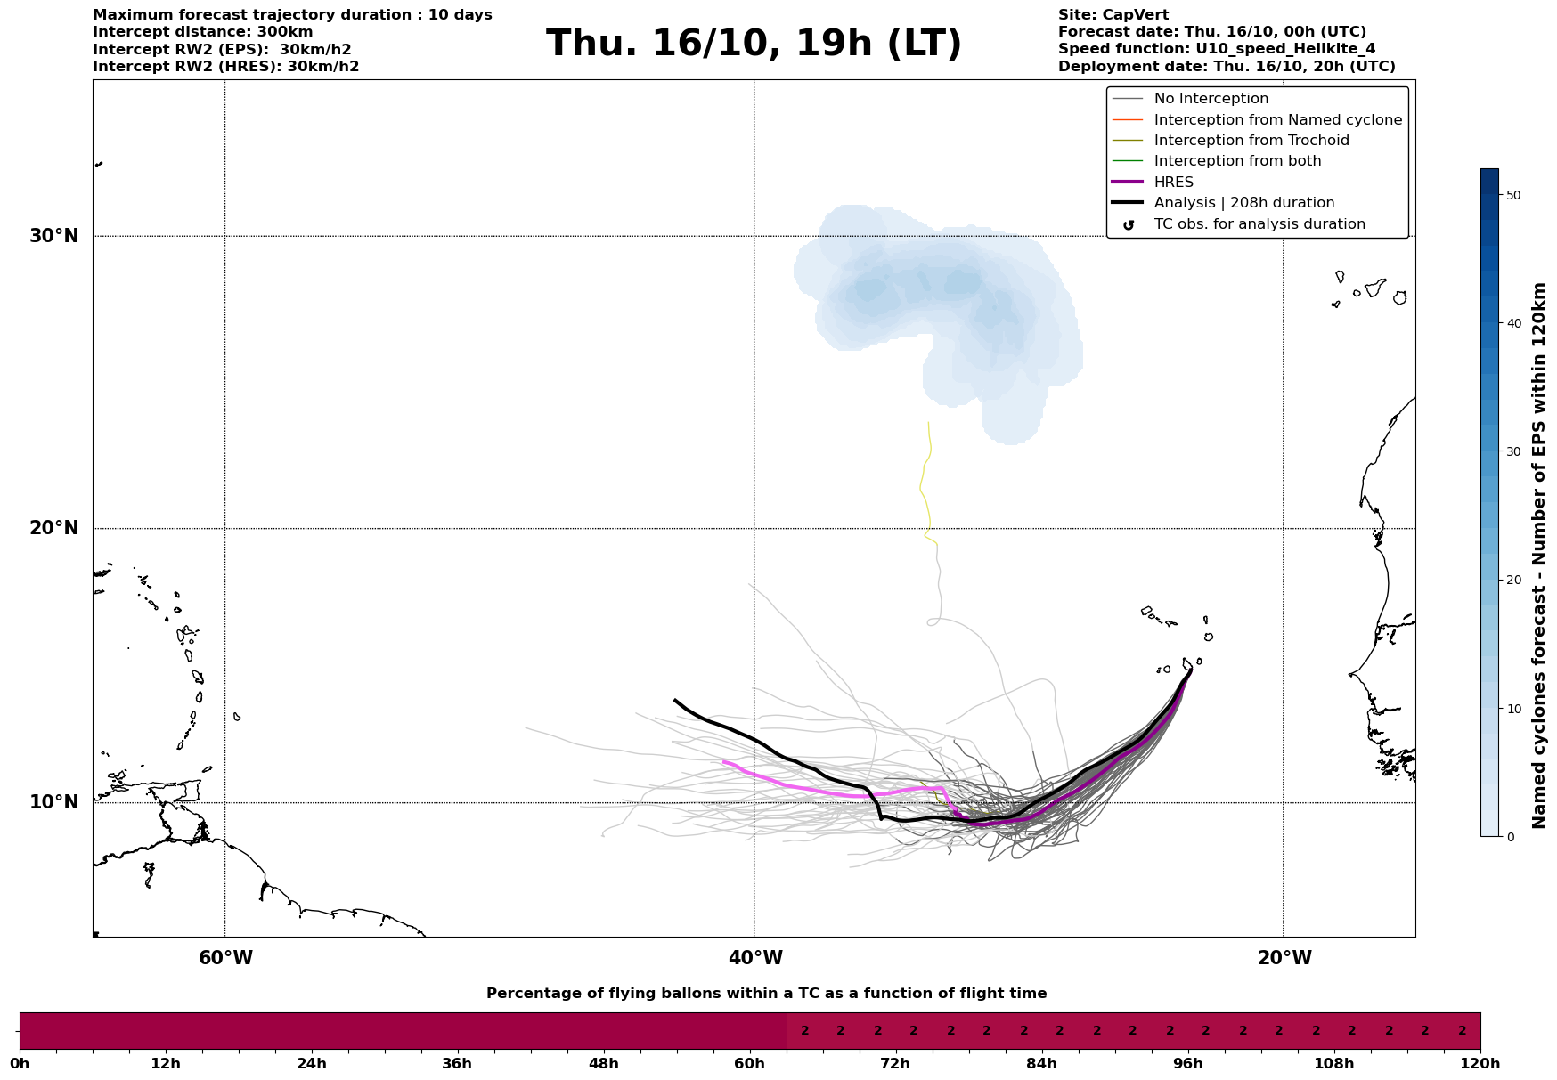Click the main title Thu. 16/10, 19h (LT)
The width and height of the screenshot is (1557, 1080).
pos(754,44)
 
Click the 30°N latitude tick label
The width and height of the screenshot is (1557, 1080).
pos(54,236)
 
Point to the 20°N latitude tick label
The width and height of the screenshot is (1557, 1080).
pos(54,528)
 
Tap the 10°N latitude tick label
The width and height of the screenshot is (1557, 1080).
pos(54,802)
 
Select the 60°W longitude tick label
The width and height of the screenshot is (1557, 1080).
pos(225,958)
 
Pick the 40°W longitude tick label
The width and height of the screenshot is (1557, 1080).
pos(755,958)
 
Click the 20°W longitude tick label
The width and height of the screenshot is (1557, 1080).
pos(1284,958)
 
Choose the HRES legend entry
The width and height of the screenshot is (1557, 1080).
pos(1173,183)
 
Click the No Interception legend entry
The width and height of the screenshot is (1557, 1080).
pos(1211,99)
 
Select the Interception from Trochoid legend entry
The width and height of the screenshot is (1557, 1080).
pos(1251,141)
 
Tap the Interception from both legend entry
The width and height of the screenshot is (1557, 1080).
pos(1237,161)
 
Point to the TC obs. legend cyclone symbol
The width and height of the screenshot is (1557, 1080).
pos(1129,225)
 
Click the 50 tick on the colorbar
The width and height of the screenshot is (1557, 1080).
pos(1512,195)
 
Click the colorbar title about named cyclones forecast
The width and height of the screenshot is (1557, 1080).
pos(1538,556)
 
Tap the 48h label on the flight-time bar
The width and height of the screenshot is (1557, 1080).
pos(603,1063)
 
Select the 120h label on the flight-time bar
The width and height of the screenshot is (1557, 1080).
pos(1480,1063)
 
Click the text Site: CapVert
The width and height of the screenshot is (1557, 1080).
pos(1113,15)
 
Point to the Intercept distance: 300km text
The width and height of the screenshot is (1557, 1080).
pos(202,32)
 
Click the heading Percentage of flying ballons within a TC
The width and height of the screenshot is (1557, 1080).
pos(766,994)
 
